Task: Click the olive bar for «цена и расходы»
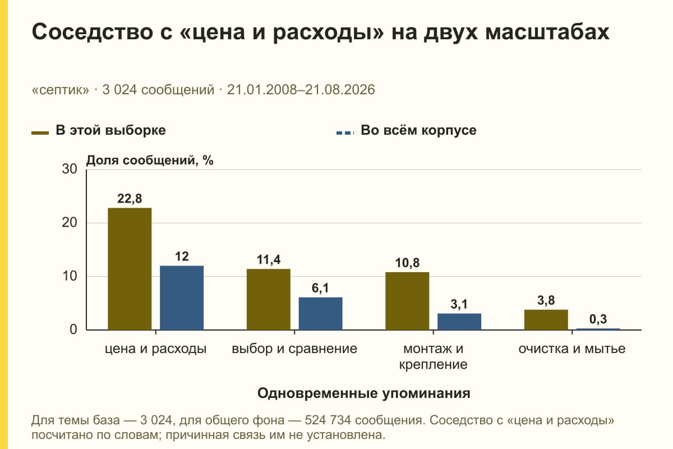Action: point(130,269)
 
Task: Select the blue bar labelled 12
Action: point(182,297)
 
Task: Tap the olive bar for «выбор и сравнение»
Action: point(269,299)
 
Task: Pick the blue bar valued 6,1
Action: point(320,314)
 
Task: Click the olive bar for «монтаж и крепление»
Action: point(407,301)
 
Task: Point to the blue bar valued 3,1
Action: point(459,322)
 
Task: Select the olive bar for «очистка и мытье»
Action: point(546,320)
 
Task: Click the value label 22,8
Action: point(130,199)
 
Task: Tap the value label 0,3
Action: point(598,319)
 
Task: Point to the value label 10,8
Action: point(407,263)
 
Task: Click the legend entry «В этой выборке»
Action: point(99,131)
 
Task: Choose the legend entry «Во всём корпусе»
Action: point(406,131)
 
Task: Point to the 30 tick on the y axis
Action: point(70,169)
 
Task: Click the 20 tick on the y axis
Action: point(70,223)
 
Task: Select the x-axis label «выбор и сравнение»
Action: point(294,349)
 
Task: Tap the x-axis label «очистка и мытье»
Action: point(572,349)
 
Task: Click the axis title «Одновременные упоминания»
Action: point(364,393)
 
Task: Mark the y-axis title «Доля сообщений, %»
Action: point(150,161)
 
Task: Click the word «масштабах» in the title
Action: point(547,31)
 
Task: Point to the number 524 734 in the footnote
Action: point(328,420)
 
